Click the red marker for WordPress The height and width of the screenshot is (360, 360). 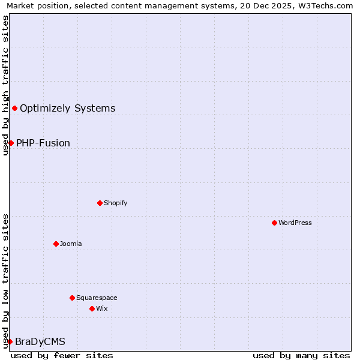[x=274, y=223]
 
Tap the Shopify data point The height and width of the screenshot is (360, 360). [x=100, y=203]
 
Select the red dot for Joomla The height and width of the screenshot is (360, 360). [x=56, y=244]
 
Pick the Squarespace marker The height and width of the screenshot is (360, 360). [x=72, y=298]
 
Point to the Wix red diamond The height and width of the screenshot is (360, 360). [x=92, y=308]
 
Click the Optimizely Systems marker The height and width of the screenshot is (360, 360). [x=14, y=108]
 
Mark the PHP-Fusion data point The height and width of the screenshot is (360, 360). [x=11, y=143]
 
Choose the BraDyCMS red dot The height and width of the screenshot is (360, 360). [x=10, y=341]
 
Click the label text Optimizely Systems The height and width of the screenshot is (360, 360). [x=67, y=109]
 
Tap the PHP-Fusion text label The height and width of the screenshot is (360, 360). [x=43, y=143]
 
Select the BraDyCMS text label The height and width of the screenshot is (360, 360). [x=40, y=342]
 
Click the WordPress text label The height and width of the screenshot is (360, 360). [x=295, y=223]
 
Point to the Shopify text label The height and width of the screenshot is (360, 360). [x=116, y=203]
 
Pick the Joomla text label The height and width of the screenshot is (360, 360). [x=71, y=244]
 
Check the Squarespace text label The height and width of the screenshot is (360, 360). [x=97, y=298]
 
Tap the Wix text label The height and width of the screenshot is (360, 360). [x=102, y=308]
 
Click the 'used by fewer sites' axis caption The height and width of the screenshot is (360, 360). [x=62, y=355]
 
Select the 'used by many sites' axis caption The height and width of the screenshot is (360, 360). [x=301, y=355]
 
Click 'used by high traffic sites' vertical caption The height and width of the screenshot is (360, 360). [x=5, y=85]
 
